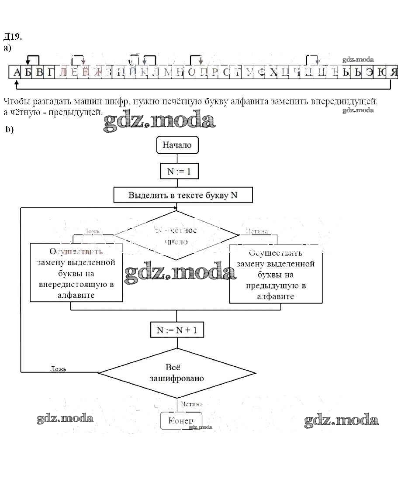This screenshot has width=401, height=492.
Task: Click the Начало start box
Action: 177,145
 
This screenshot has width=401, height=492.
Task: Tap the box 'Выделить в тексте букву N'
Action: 183,195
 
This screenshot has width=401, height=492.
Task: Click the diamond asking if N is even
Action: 176,236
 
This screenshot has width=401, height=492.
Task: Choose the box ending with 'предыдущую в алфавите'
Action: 276,275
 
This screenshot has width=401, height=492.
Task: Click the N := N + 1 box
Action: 177,330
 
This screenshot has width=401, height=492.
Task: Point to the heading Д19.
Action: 12,36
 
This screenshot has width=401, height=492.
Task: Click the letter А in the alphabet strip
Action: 17,72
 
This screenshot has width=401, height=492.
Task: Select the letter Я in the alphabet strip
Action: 394,72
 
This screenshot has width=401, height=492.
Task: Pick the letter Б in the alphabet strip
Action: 28,72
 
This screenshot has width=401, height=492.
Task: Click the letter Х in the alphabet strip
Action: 273,72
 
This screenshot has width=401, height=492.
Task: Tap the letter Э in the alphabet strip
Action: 370,72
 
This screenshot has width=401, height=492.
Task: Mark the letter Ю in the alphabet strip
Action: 382,72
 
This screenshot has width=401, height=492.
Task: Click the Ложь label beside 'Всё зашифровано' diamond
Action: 58,368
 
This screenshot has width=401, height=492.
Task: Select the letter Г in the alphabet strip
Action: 51,72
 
